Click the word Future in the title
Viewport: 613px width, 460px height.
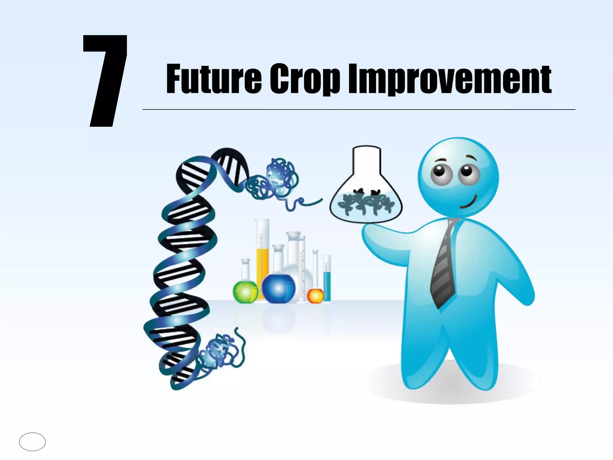tap(214, 79)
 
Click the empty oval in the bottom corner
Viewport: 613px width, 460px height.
tap(32, 442)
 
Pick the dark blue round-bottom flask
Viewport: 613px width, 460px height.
tap(278, 289)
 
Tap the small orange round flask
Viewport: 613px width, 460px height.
tap(315, 296)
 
